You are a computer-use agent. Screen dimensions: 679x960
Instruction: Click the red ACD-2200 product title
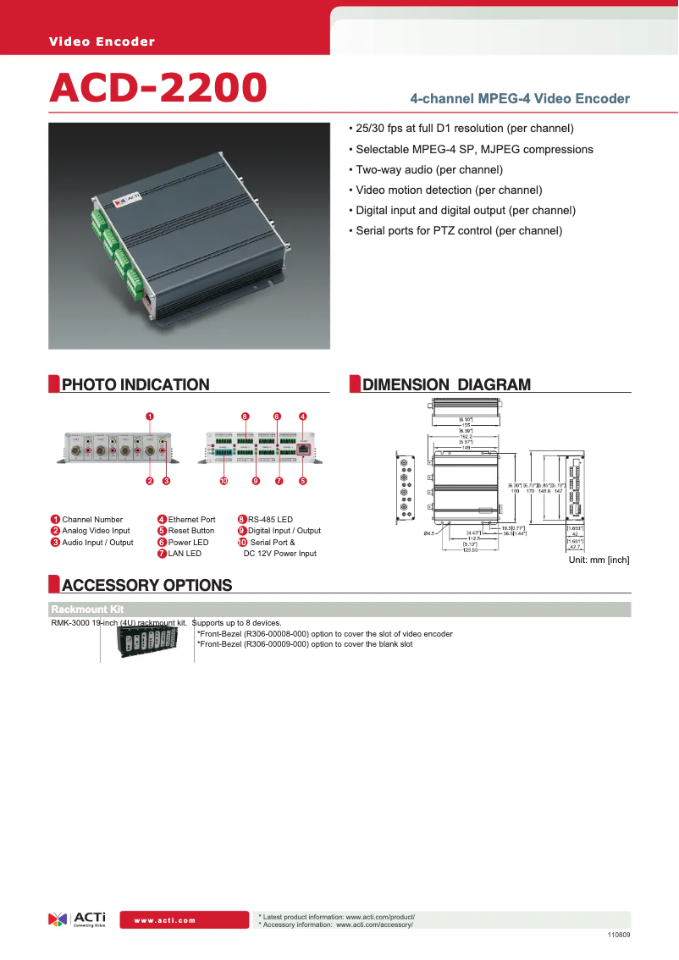(x=158, y=87)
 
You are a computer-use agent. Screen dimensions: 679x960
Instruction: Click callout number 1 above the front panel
(x=149, y=417)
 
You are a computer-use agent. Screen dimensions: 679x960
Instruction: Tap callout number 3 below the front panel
(x=167, y=481)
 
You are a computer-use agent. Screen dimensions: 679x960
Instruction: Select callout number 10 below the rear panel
(x=224, y=481)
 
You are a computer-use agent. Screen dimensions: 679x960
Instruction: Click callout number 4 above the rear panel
(x=302, y=417)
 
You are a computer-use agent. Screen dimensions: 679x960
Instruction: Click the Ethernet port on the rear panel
(x=303, y=450)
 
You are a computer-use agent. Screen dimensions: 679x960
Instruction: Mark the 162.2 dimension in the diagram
(x=466, y=437)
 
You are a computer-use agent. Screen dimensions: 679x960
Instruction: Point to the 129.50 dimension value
(x=470, y=549)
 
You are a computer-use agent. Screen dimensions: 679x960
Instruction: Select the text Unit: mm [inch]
(x=598, y=560)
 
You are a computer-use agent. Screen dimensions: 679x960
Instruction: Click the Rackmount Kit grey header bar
(x=339, y=610)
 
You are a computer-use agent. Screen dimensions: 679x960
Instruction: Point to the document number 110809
(x=619, y=935)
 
